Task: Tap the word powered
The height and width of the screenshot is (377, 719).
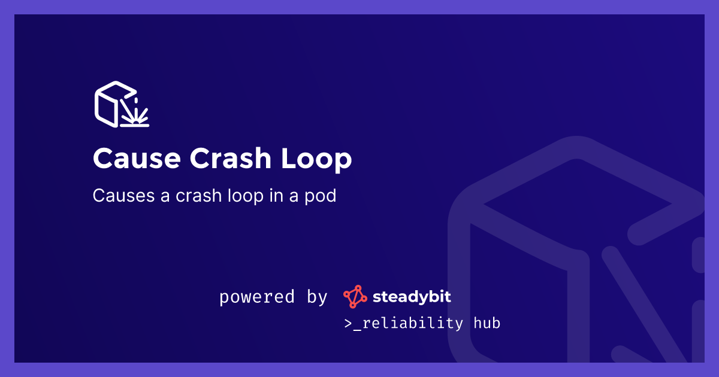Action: [257, 297]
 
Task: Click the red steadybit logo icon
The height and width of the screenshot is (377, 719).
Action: [355, 297]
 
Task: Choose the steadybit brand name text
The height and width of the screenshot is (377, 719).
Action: [412, 296]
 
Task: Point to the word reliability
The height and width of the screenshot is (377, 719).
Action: [413, 324]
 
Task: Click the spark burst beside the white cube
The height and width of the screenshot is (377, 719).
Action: [135, 111]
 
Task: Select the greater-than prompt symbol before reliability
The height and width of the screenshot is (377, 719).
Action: [347, 324]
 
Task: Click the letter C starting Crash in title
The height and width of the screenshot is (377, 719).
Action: [199, 159]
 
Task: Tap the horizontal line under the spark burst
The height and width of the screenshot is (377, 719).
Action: [135, 125]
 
